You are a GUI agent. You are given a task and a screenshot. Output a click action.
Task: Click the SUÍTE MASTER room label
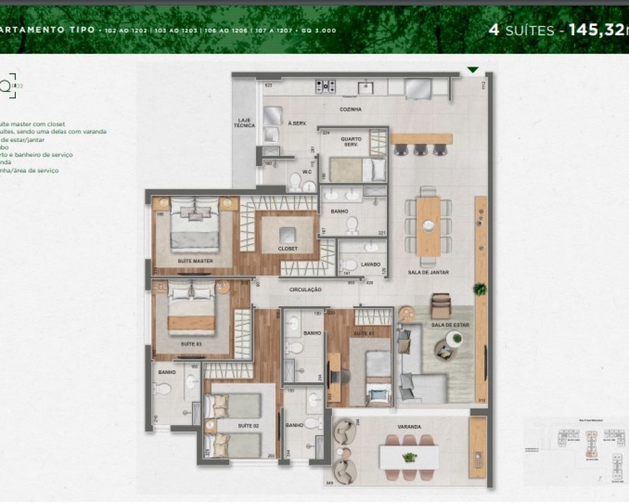tap(195, 260)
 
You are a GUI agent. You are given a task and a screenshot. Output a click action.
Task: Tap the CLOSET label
tap(287, 249)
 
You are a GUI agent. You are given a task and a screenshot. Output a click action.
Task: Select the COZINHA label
tap(351, 109)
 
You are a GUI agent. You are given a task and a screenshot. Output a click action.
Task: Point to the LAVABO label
tap(370, 265)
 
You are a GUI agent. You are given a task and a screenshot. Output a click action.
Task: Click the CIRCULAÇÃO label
tap(306, 290)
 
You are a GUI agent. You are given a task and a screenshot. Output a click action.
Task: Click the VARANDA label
tap(409, 426)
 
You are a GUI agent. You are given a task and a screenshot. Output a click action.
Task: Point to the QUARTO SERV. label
tap(350, 141)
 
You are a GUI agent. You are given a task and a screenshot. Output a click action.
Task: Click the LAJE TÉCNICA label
tap(244, 123)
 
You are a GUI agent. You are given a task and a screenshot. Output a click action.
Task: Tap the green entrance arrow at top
tap(473, 70)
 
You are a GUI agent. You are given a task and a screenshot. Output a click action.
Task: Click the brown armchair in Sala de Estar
tap(440, 306)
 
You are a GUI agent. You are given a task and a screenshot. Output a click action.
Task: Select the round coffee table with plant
tap(455, 340)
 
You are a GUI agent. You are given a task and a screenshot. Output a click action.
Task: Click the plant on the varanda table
tap(409, 457)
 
